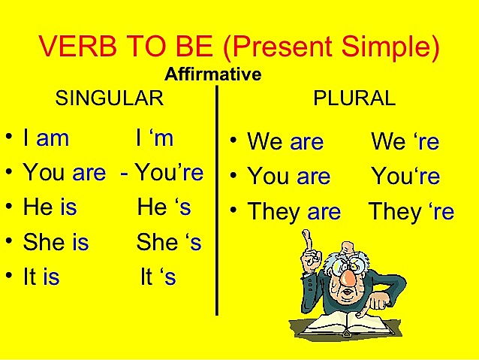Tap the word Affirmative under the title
point(212,74)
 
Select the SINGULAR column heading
point(110,98)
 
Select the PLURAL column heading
point(354,98)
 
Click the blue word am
point(53,138)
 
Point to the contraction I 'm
point(155,138)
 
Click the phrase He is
point(50,207)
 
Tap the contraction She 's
point(168,242)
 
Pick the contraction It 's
point(158,277)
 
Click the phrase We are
point(285,141)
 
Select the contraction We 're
point(405,141)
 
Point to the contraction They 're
point(411,212)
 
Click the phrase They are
point(294,212)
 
